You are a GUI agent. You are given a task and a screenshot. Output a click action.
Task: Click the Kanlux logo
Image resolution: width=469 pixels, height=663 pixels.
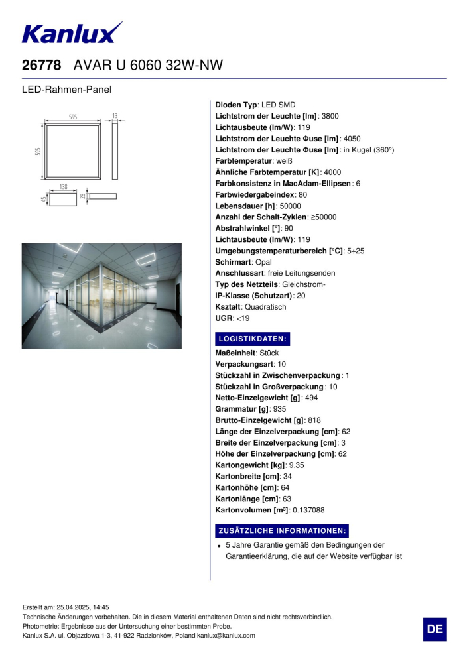click(72, 33)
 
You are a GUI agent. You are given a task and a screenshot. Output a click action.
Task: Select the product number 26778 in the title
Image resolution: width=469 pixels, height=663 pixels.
click(42, 65)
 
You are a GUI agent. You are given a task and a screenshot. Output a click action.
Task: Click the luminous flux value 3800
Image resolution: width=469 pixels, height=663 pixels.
click(330, 116)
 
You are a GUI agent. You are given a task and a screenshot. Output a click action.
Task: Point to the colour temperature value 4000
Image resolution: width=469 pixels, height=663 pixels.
click(332, 172)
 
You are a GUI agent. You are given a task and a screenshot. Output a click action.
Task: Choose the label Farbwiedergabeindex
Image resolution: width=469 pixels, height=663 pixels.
click(255, 194)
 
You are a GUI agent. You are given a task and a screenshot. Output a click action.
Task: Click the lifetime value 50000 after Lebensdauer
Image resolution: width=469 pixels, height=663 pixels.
click(289, 206)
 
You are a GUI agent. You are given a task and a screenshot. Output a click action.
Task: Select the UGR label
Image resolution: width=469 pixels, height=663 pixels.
click(224, 318)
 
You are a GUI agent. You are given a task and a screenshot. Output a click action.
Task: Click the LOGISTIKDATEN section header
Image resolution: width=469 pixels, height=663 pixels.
click(252, 339)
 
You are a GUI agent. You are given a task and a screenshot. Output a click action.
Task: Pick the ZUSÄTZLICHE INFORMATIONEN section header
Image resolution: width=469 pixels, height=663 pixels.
click(282, 531)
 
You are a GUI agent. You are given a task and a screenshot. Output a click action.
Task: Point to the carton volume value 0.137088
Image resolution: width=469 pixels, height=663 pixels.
click(308, 510)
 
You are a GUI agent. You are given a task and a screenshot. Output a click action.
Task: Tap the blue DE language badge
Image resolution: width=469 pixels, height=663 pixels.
click(435, 629)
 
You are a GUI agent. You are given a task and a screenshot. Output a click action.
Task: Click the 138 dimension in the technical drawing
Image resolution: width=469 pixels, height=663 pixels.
click(63, 187)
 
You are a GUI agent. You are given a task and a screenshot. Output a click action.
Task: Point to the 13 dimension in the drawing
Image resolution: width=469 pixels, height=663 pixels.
click(115, 116)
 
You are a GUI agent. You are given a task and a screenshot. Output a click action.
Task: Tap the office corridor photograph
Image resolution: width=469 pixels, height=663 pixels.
click(101, 296)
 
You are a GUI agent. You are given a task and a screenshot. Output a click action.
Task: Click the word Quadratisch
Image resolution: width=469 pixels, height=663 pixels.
click(265, 307)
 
